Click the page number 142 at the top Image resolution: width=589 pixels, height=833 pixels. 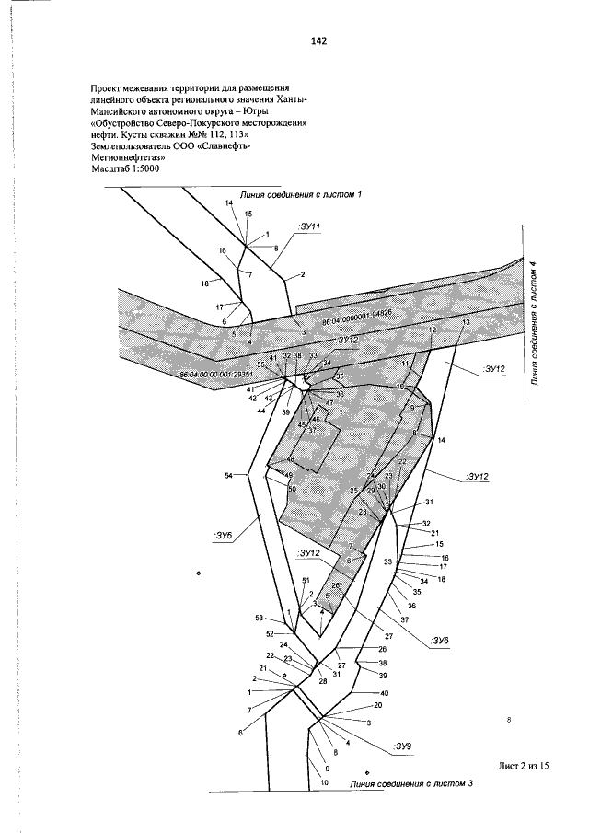tap(319, 41)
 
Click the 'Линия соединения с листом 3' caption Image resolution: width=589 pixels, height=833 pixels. tap(411, 783)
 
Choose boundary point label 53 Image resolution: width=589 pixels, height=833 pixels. tap(260, 617)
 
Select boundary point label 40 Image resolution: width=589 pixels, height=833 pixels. tap(385, 692)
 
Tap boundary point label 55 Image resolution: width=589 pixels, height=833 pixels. tap(260, 365)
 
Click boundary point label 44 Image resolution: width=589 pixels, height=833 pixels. tap(261, 410)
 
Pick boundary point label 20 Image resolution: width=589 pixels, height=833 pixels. tap(377, 706)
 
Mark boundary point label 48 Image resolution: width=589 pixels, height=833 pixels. tap(291, 459)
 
